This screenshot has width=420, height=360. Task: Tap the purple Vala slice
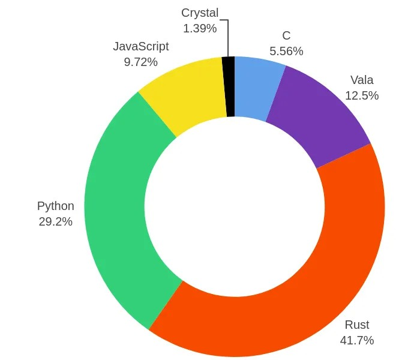click(x=318, y=114)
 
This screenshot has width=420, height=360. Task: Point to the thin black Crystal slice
click(x=229, y=87)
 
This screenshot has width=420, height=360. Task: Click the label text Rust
click(x=356, y=325)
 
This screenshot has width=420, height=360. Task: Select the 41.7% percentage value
click(x=356, y=341)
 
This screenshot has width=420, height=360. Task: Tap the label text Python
click(x=55, y=206)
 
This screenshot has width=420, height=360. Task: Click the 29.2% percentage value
click(x=55, y=221)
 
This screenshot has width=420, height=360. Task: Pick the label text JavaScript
click(x=141, y=46)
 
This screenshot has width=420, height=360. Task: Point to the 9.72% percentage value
click(x=141, y=62)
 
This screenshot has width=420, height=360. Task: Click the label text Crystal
click(x=200, y=13)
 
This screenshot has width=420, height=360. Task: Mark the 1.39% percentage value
click(x=200, y=28)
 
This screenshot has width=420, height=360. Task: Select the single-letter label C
click(x=286, y=36)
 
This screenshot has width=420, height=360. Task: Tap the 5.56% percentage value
click(x=286, y=52)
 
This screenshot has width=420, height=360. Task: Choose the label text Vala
click(x=362, y=80)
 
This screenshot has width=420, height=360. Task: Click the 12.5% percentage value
click(x=362, y=95)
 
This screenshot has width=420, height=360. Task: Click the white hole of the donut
click(x=234, y=207)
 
